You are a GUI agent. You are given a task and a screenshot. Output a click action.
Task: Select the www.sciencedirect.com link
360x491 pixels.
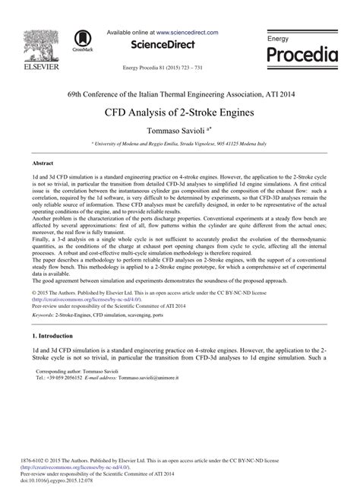(x=188, y=33)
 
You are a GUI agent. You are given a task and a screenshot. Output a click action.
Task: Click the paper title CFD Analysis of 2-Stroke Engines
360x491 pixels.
(x=179, y=112)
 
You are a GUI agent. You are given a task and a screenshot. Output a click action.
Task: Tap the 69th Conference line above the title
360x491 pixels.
(x=179, y=94)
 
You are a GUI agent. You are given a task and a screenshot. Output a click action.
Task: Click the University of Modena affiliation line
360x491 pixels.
(x=180, y=143)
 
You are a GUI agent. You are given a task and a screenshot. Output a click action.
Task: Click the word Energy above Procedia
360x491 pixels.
(x=279, y=38)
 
